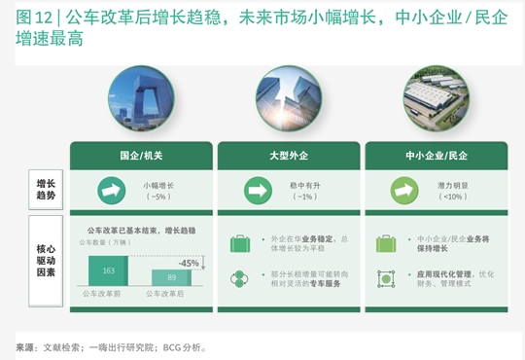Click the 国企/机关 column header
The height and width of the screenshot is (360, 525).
[141, 155]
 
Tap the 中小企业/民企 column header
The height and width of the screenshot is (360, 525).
[436, 155]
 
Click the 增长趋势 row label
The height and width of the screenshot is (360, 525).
[46, 189]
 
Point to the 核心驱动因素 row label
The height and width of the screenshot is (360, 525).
[46, 257]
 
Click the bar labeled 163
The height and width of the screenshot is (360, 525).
[109, 270]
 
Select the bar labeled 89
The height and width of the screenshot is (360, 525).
[171, 277]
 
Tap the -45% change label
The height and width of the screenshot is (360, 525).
[189, 263]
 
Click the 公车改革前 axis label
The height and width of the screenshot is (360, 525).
[102, 293]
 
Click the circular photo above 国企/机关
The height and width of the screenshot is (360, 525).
[141, 99]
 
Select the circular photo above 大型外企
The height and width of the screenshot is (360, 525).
[289, 99]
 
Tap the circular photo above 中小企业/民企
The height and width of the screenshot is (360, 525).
[436, 99]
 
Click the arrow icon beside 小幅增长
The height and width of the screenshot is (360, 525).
[110, 190]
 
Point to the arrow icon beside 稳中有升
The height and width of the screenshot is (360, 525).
[258, 190]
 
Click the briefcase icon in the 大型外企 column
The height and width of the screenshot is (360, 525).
[240, 243]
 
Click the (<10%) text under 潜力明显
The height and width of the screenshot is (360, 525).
[453, 197]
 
